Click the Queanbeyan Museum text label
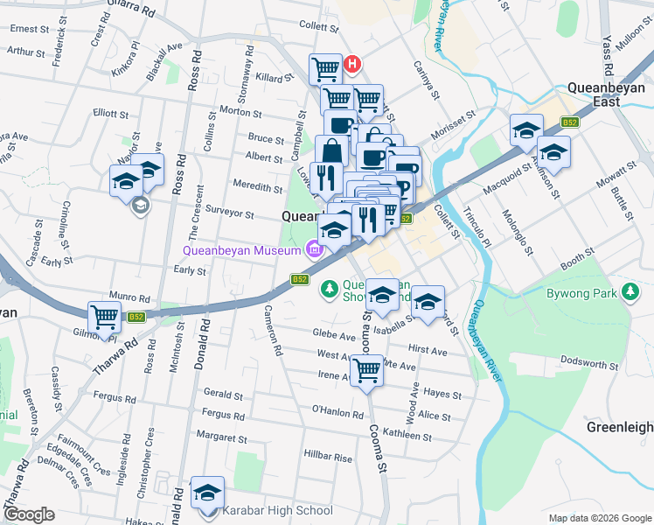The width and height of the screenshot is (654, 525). point(241,250)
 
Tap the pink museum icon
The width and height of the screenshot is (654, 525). point(312,251)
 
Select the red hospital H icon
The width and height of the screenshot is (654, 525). point(351,64)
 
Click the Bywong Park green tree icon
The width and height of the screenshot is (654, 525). point(630,293)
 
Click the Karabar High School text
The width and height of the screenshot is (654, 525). point(277,510)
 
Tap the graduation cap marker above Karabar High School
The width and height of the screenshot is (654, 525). point(207,493)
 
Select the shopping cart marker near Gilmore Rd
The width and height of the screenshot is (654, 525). point(104,317)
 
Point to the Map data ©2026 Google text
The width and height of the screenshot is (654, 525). point(600,518)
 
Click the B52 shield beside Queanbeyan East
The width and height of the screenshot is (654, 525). point(570,122)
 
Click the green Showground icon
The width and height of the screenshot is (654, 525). point(329,287)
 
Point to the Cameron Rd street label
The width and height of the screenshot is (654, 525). point(272,334)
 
